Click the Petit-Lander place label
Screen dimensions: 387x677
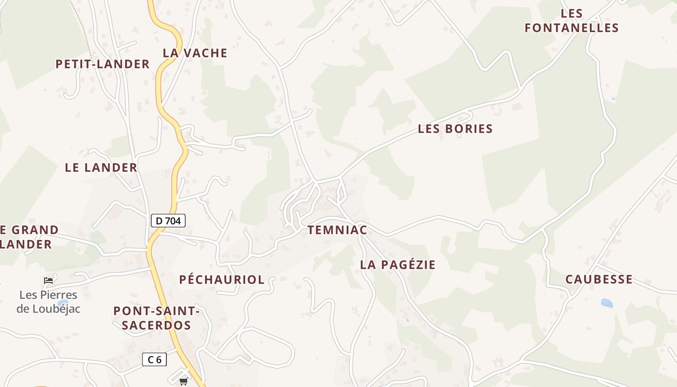tap(103, 64)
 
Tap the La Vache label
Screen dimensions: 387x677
tap(195, 53)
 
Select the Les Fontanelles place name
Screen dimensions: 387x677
tap(572, 21)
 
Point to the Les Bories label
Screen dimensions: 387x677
tap(455, 129)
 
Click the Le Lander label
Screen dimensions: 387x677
tap(101, 168)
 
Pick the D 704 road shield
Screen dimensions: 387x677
tap(168, 221)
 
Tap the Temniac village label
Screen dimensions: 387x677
tap(338, 230)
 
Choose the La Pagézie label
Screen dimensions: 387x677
tap(397, 265)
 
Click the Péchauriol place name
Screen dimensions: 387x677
tap(222, 280)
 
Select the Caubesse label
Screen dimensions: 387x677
tap(599, 279)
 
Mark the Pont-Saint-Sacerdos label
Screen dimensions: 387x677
tap(156, 318)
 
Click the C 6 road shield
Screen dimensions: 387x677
tap(154, 359)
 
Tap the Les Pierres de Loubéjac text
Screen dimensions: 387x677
tap(48, 301)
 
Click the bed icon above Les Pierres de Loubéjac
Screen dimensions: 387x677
tap(48, 280)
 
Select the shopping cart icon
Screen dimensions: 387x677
tap(183, 382)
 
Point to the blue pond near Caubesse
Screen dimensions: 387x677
tap(607, 303)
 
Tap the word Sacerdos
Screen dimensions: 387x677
tap(156, 325)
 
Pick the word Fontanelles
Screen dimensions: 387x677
tap(572, 28)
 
